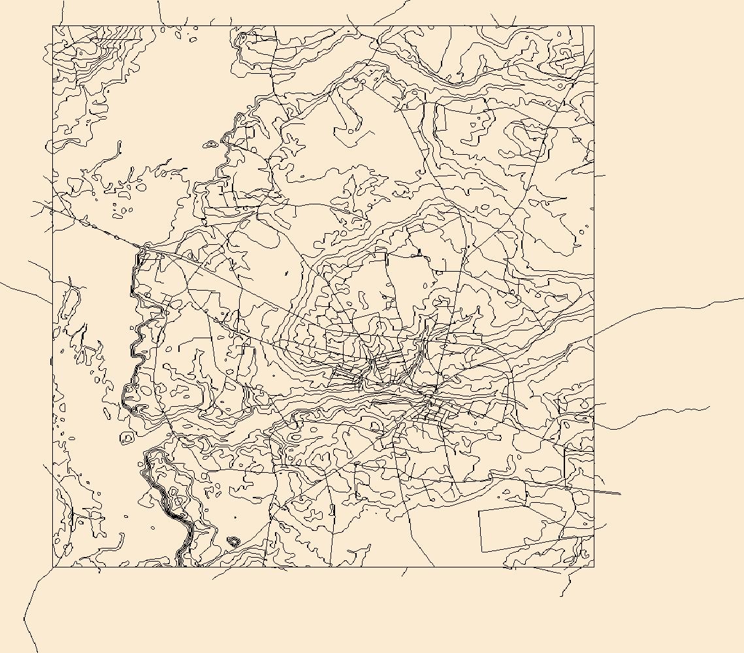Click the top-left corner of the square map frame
53,26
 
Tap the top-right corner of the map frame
593,26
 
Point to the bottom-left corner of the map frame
53,567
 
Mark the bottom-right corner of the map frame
593,567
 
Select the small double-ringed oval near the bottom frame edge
233,541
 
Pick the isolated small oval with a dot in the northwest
211,144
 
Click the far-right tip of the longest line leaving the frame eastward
743,299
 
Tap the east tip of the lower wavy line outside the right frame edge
709,407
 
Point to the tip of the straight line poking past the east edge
620,493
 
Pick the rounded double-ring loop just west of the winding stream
127,438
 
